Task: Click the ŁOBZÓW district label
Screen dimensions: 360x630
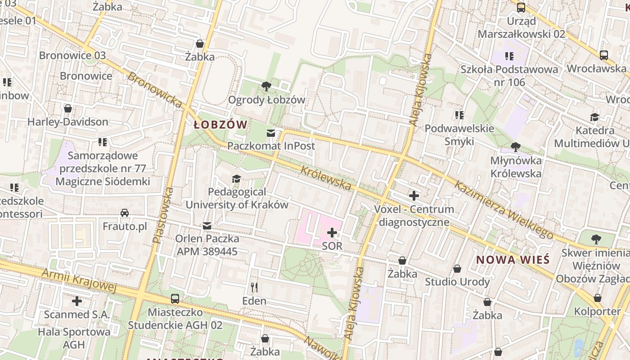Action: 220,125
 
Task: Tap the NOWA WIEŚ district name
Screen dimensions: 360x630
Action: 513,260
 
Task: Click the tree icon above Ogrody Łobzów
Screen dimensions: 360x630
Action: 266,86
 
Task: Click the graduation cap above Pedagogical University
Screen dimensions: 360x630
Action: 236,179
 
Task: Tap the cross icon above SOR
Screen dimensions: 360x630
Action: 332,233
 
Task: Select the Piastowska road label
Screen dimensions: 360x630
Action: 163,216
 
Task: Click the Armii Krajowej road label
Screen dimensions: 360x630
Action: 79,280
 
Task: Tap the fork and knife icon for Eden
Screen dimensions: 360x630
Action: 254,287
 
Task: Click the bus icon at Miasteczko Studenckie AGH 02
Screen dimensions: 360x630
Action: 175,299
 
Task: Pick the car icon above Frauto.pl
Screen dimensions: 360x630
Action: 125,213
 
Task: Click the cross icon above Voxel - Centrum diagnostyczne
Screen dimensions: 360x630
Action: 414,196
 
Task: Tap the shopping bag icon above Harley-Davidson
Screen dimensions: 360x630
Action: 68,108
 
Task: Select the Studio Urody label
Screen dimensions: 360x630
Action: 457,282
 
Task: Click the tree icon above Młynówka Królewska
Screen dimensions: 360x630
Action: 516,147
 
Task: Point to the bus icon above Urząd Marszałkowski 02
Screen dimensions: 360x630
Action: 521,8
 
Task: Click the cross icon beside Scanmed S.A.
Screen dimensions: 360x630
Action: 77,301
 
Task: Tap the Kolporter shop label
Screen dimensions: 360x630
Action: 597,311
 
